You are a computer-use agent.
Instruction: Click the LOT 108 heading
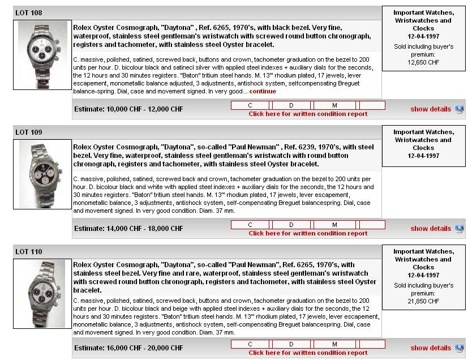tap(29, 12)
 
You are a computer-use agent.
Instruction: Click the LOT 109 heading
tap(29, 132)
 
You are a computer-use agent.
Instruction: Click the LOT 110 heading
tap(29, 251)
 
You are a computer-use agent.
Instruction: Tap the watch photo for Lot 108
tap(42, 55)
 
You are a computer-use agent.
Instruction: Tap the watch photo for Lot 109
tap(42, 174)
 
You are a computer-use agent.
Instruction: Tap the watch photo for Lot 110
tap(42, 294)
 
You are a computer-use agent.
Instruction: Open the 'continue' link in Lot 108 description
tap(263, 91)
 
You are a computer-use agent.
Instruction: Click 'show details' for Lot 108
tap(431, 109)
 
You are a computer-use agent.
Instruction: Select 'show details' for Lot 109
tap(431, 229)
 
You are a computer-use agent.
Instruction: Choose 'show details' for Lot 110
tap(431, 348)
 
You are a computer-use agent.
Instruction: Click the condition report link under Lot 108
tap(308, 114)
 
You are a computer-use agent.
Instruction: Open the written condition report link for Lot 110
tap(308, 353)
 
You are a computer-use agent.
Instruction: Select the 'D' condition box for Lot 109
tap(291, 225)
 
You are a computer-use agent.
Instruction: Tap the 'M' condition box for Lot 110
tap(334, 344)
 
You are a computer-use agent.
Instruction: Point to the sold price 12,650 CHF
tap(423, 62)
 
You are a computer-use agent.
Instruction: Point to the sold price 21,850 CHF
tap(423, 301)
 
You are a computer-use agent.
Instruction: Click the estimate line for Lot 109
tap(128, 229)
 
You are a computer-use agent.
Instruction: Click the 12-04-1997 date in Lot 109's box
tap(423, 156)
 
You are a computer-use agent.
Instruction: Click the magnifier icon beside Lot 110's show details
tap(459, 348)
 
